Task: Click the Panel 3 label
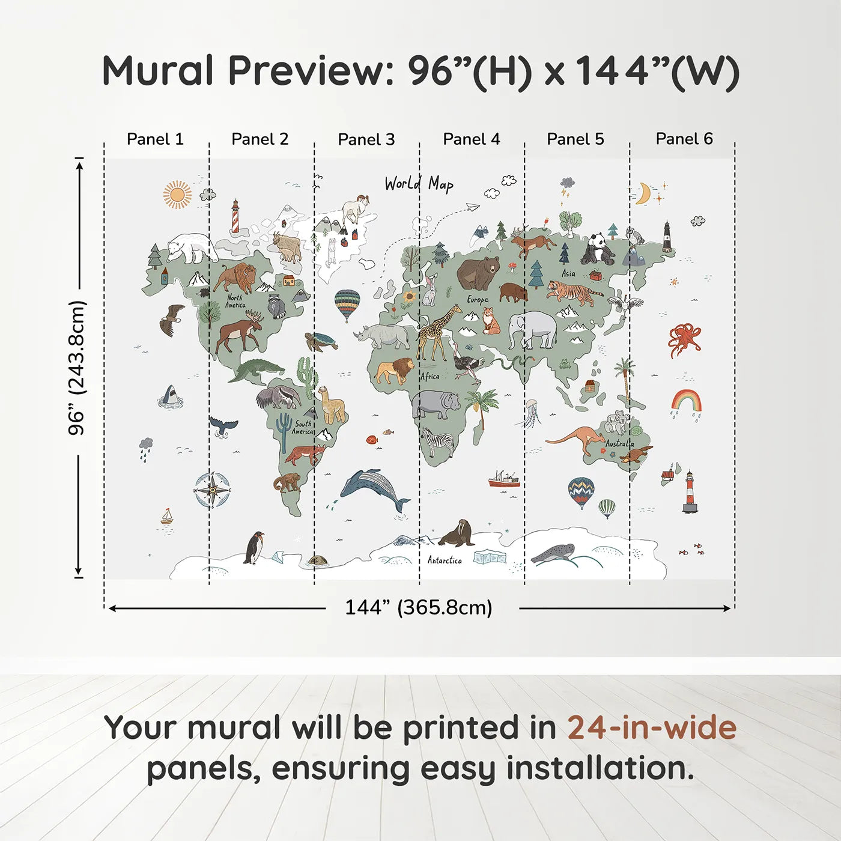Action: pyautogui.click(x=366, y=139)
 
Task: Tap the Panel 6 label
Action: pyautogui.click(x=684, y=139)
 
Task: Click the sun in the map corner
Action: pyautogui.click(x=177, y=195)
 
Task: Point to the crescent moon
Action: pyautogui.click(x=643, y=193)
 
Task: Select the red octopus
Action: pyautogui.click(x=684, y=339)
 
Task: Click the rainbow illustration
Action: pyautogui.click(x=686, y=400)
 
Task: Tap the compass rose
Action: pyautogui.click(x=212, y=490)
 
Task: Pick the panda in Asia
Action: pyautogui.click(x=597, y=249)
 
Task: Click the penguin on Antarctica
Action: pyautogui.click(x=255, y=547)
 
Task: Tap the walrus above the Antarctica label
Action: pyautogui.click(x=458, y=533)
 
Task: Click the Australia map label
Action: pyautogui.click(x=619, y=443)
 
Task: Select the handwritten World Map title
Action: pyautogui.click(x=419, y=184)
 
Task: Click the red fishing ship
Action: pyautogui.click(x=503, y=479)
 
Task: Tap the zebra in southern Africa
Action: pyautogui.click(x=437, y=442)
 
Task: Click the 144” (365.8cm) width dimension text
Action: pyautogui.click(x=418, y=607)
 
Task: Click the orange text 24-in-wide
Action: pyautogui.click(x=652, y=727)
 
